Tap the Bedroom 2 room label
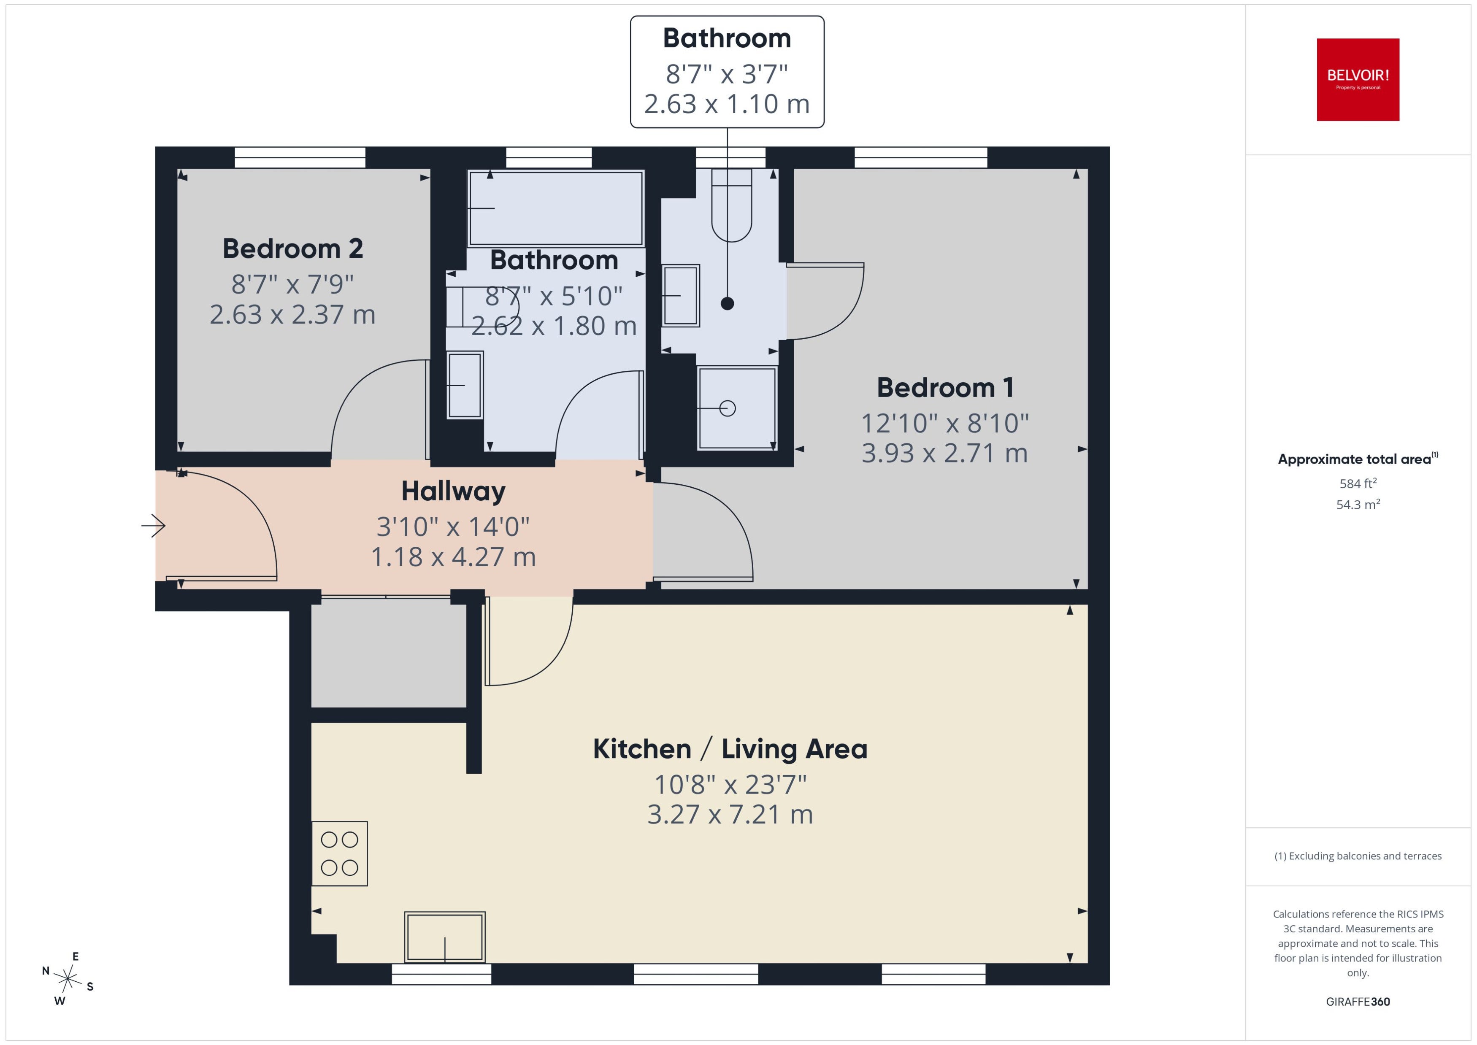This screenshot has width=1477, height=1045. click(x=293, y=248)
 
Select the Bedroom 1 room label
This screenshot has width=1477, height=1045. click(x=945, y=387)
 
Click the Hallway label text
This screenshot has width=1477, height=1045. click(x=453, y=491)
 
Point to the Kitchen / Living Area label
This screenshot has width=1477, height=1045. click(x=730, y=749)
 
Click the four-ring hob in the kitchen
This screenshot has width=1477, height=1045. click(x=339, y=853)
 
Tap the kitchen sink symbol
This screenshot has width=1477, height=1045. click(x=445, y=937)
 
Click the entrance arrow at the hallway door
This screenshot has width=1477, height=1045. click(x=153, y=526)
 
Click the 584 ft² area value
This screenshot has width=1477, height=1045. click(x=1358, y=483)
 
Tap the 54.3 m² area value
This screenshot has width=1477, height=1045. click(x=1358, y=505)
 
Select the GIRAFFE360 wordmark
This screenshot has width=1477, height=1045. click(x=1358, y=1002)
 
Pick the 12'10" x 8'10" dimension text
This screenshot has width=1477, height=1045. click(x=945, y=424)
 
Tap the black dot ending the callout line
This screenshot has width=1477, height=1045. click(x=727, y=304)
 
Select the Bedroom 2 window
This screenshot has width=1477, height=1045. click(x=300, y=158)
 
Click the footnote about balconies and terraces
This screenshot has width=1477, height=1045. click(x=1358, y=856)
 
